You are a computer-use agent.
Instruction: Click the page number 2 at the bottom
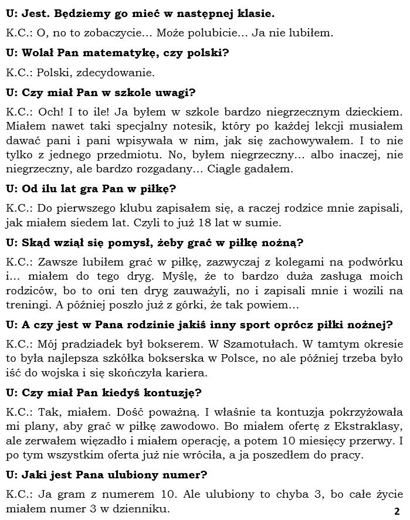[x=397, y=510]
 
